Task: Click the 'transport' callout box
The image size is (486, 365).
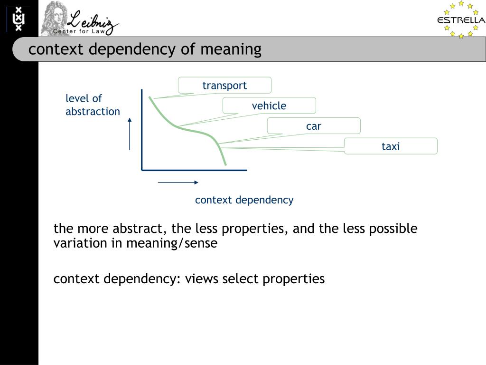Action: [224, 85]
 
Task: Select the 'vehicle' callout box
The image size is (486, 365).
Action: [269, 106]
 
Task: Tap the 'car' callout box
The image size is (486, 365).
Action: [314, 126]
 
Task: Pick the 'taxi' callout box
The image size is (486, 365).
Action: [391, 146]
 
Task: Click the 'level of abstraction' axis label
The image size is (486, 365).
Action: [93, 105]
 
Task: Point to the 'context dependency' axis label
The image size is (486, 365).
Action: [244, 200]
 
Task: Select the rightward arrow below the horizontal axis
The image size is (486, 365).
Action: [178, 182]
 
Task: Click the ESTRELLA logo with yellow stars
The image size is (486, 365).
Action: [461, 19]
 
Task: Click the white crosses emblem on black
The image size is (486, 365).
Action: [19, 19]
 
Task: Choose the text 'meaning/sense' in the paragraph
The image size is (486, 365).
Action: [171, 244]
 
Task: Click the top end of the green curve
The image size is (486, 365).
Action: [150, 97]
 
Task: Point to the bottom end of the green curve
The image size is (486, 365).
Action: [225, 164]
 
